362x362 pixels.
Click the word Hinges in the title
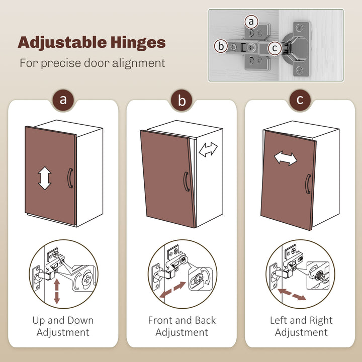pyautogui.click(x=138, y=43)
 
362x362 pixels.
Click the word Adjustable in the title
pyautogui.click(x=62, y=43)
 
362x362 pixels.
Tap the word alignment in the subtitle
pyautogui.click(x=139, y=63)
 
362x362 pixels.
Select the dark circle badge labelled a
pyautogui.click(x=63, y=100)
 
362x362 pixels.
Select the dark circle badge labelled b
pyautogui.click(x=182, y=100)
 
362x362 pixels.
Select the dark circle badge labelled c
pyautogui.click(x=300, y=100)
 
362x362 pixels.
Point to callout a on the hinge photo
pyautogui.click(x=251, y=22)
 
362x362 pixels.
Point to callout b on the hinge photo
pyautogui.click(x=221, y=46)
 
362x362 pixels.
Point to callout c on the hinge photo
pyautogui.click(x=275, y=48)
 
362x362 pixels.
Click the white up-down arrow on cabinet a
pyautogui.click(x=45, y=178)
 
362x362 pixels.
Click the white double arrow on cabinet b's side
pyautogui.click(x=208, y=149)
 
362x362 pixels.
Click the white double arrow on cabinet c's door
pyautogui.click(x=286, y=158)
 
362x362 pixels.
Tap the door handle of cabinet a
pyautogui.click(x=69, y=178)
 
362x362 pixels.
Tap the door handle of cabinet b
pyautogui.click(x=186, y=182)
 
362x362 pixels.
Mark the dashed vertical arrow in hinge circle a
pyautogui.click(x=57, y=291)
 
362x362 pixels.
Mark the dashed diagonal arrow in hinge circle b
pyautogui.click(x=172, y=290)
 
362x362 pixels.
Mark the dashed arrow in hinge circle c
pyautogui.click(x=292, y=294)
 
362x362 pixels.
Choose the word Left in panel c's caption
pyautogui.click(x=279, y=320)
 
